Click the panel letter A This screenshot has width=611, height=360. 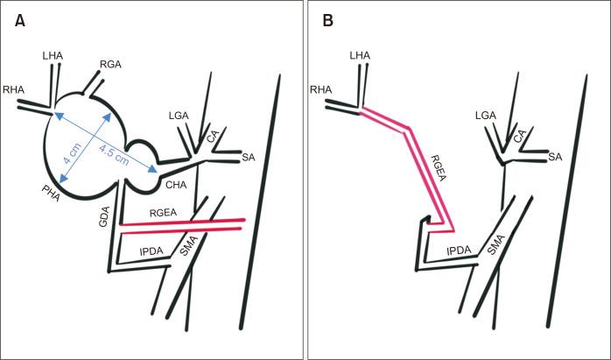pyautogui.click(x=19, y=19)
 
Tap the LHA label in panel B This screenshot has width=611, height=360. pyautogui.click(x=361, y=56)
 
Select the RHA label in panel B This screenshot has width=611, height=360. pyautogui.click(x=323, y=89)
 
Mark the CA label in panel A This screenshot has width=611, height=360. pyautogui.click(x=213, y=137)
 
